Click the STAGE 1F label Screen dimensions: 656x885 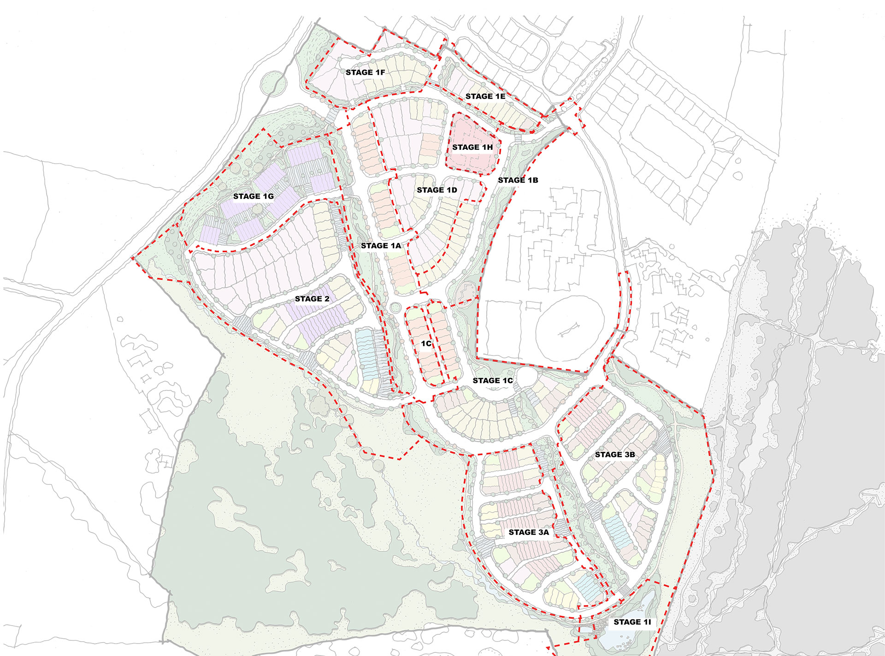365,72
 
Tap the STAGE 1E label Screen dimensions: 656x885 485,96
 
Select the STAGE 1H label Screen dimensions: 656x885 472,147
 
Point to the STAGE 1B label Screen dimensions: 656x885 518,180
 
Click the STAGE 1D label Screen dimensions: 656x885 437,190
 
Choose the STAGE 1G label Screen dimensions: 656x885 253,196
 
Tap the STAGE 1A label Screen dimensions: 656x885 381,246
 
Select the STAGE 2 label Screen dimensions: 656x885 312,299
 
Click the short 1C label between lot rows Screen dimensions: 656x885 426,343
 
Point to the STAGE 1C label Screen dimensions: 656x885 492,380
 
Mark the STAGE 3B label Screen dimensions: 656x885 614,455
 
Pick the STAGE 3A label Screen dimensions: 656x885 528,532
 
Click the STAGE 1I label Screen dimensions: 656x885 632,622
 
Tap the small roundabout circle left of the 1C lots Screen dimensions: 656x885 395,307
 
